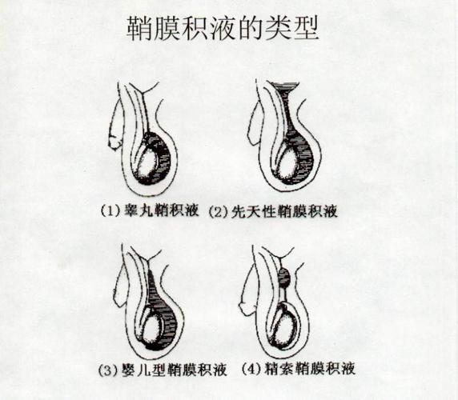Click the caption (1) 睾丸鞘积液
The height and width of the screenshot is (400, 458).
[151, 212]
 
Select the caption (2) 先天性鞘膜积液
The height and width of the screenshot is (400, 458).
[272, 212]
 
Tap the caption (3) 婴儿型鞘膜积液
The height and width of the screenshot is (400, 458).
[165, 370]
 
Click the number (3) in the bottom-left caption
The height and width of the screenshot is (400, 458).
[108, 370]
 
